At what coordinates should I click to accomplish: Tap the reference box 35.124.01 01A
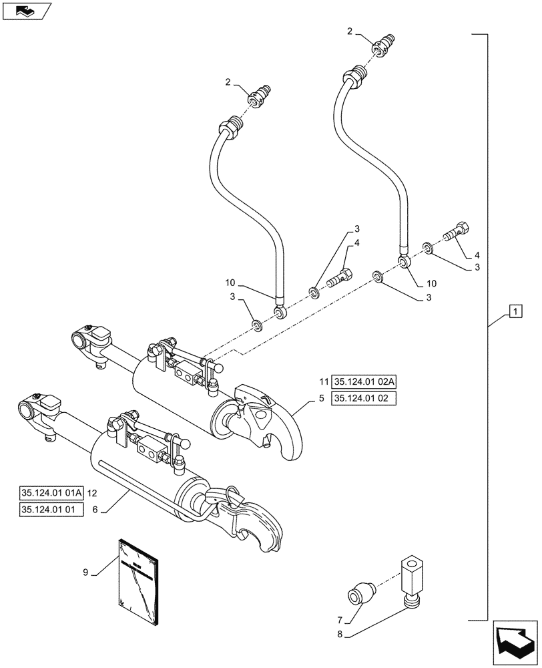51,493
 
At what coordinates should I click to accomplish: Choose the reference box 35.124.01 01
51,510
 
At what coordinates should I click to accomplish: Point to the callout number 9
85,571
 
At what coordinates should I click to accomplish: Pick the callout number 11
323,382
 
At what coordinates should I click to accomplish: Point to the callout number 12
92,493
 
